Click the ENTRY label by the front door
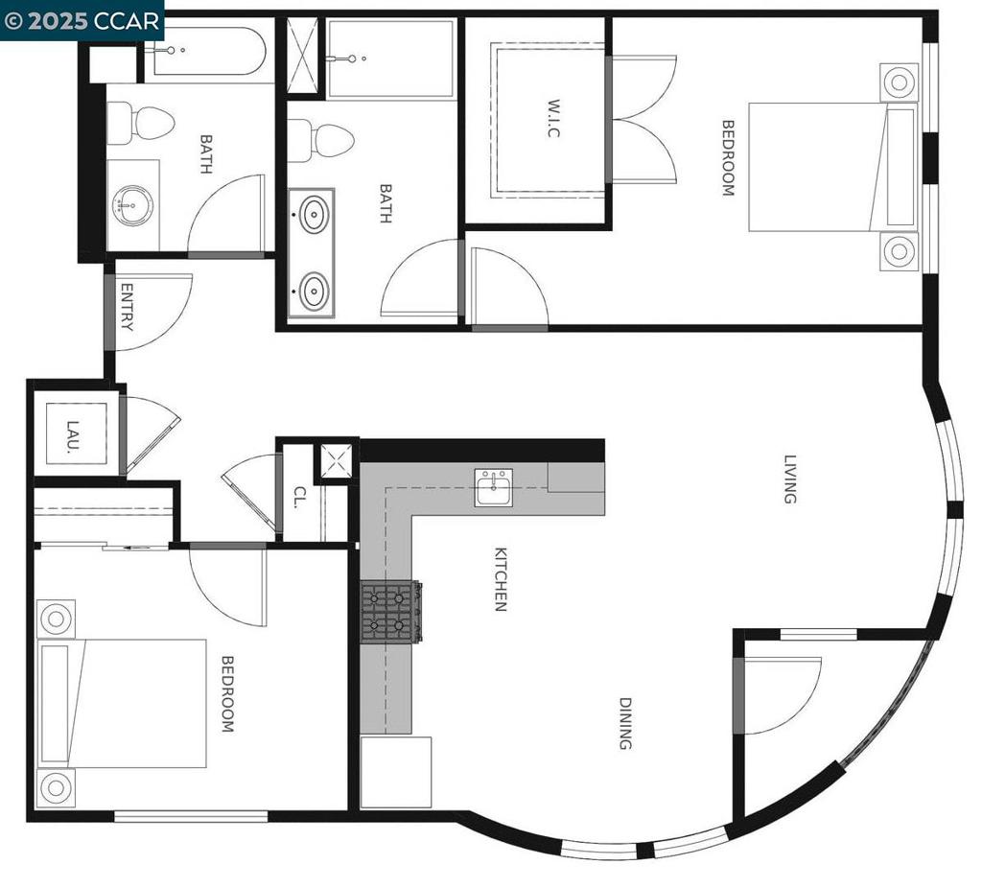pos(126,307)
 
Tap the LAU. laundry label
pos(73,436)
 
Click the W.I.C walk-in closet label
pos(552,118)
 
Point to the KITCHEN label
pos(501,579)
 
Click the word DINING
pos(625,723)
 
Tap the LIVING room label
pos(790,479)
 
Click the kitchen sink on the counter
pos(494,487)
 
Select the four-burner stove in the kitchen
pos(391,612)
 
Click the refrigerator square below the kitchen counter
pos(396,772)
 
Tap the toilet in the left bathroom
pos(140,123)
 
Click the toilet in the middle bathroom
pos(320,141)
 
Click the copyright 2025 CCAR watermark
pos(82,21)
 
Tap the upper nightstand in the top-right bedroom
pos(899,82)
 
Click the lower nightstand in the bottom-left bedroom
pos(56,787)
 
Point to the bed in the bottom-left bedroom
pos(122,703)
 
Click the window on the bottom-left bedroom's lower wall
pos(191,816)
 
